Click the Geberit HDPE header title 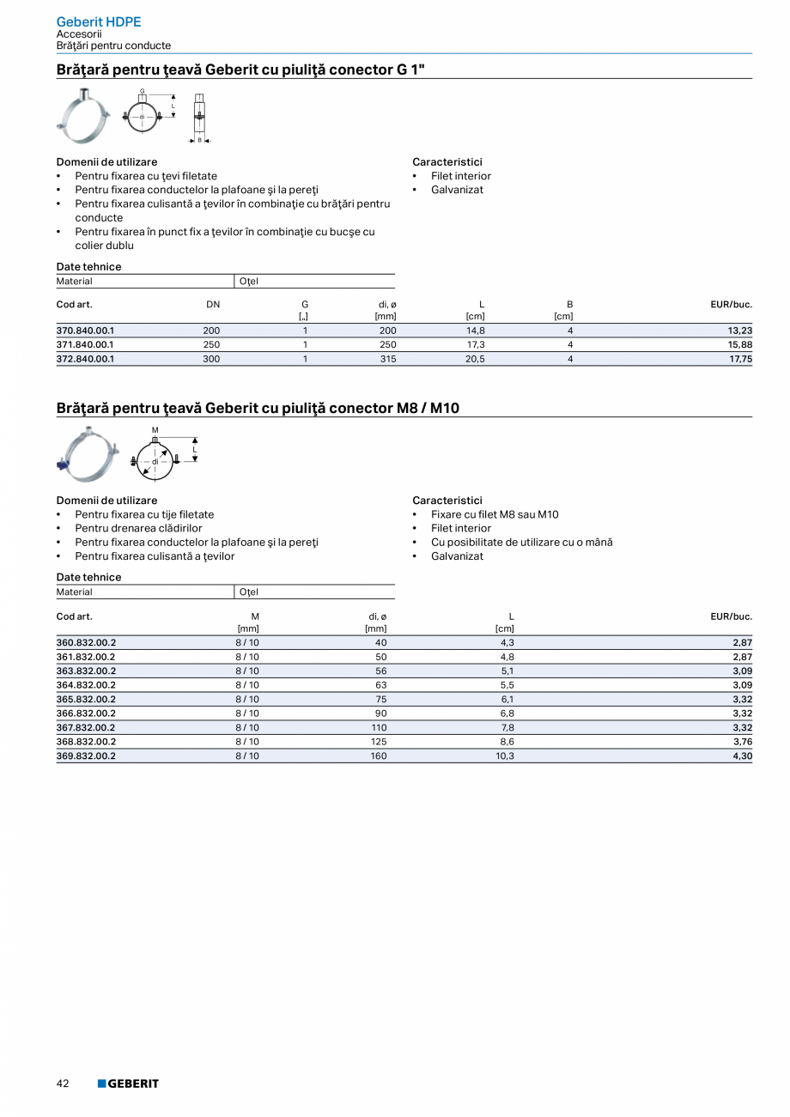98,22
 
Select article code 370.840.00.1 85,331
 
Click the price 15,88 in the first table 740,345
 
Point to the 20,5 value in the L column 475,359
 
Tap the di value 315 388,359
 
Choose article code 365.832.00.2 86,699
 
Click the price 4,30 742,756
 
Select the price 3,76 742,742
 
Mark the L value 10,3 505,756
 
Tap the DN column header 213,304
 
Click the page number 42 63,1084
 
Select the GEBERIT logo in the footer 128,1084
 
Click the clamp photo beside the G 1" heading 83,115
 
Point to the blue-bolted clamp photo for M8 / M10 85,454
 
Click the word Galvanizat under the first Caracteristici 457,190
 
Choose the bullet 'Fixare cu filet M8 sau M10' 495,514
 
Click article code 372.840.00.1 85,359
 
